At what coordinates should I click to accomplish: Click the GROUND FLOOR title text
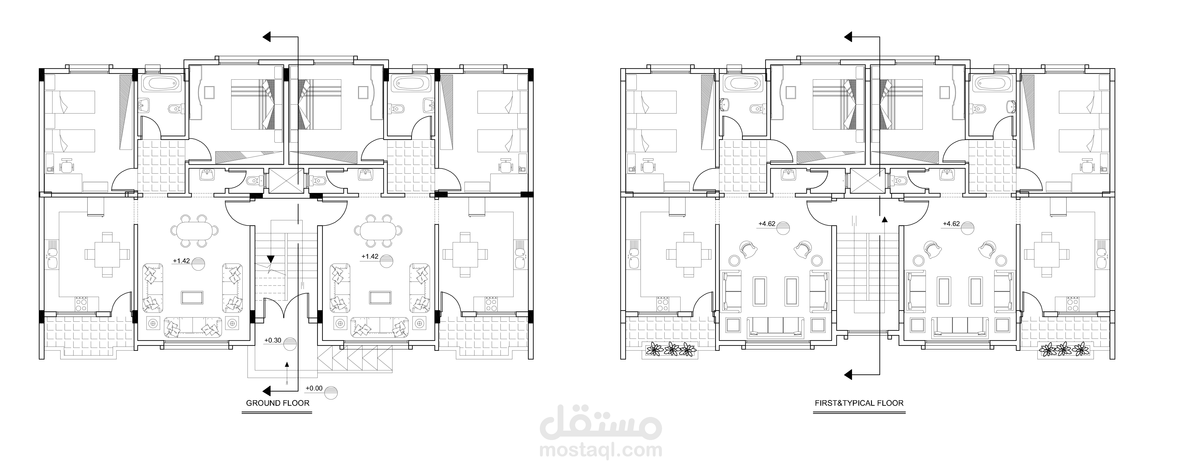point(278,403)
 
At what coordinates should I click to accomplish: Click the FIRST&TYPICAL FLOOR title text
point(859,403)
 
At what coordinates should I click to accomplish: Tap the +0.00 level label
point(314,388)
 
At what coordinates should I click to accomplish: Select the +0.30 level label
point(273,340)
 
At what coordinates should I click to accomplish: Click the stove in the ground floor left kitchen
point(82,304)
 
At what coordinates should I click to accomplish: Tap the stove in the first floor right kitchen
point(1073,304)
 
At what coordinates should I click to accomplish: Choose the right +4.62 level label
point(951,224)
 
